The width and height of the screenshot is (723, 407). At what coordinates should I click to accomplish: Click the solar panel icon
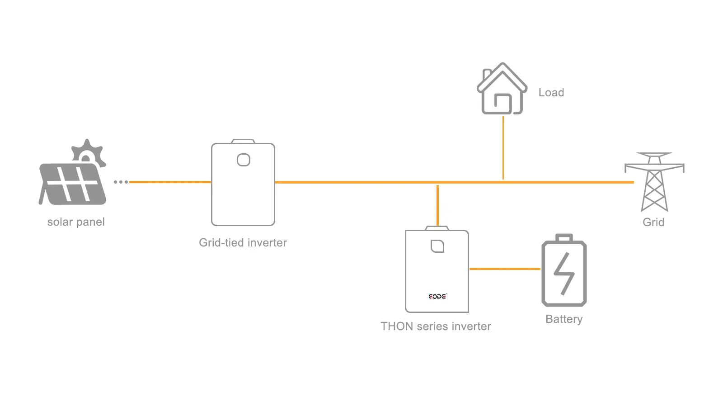72,183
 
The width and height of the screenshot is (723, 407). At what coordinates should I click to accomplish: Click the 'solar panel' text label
76,222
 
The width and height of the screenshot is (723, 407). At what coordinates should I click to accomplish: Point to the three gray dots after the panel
121,182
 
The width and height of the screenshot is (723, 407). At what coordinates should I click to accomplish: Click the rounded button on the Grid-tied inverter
244,160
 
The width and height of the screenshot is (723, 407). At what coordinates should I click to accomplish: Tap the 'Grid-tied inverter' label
243,243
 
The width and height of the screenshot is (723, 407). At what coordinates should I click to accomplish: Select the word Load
551,93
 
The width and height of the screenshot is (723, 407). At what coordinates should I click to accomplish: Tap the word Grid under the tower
653,222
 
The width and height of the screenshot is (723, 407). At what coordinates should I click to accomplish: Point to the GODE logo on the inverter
437,297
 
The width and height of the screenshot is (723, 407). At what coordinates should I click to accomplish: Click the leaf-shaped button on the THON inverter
437,246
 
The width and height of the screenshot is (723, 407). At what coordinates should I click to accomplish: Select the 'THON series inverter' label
436,327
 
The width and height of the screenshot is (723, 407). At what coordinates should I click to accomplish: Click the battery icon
564,271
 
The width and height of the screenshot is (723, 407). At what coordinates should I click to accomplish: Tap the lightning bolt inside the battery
564,273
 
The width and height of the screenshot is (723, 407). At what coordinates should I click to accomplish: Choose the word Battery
564,319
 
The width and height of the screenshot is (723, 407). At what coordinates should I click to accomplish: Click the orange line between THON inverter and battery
505,269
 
